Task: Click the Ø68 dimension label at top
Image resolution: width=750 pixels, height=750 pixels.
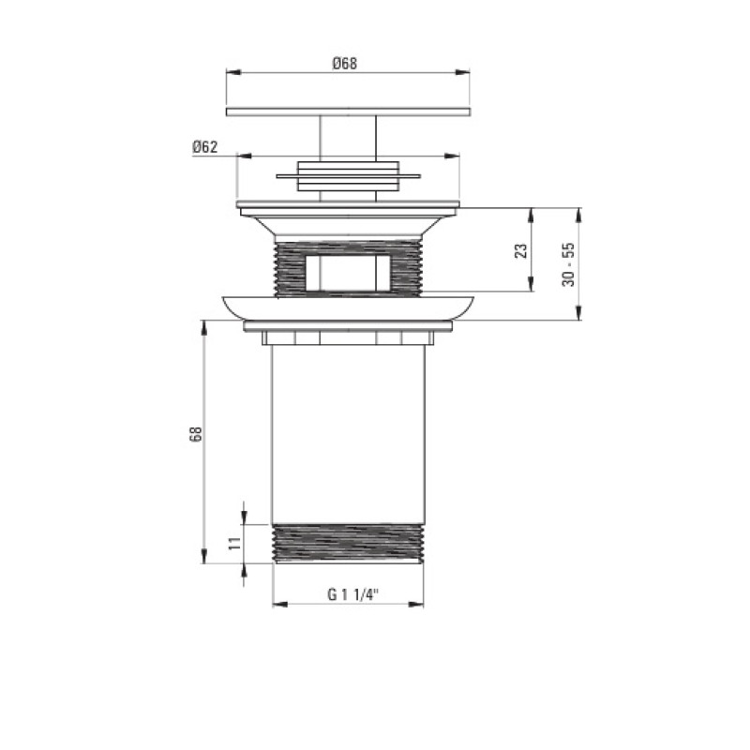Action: click(x=345, y=64)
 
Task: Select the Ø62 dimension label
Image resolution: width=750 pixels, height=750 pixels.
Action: click(x=205, y=147)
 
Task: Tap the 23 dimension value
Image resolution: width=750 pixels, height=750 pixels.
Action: click(x=521, y=250)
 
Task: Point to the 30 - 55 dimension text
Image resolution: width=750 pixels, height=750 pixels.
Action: click(x=569, y=264)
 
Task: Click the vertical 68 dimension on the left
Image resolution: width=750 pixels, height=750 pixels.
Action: click(x=196, y=433)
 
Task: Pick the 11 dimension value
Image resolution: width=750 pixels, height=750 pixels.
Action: click(x=235, y=543)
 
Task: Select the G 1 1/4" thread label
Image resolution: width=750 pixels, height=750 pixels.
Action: click(x=353, y=594)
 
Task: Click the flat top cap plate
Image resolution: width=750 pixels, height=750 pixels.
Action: click(x=348, y=112)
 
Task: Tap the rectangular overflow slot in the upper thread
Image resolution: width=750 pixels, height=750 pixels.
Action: click(x=348, y=273)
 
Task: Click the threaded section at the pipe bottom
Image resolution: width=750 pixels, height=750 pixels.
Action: click(x=348, y=544)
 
